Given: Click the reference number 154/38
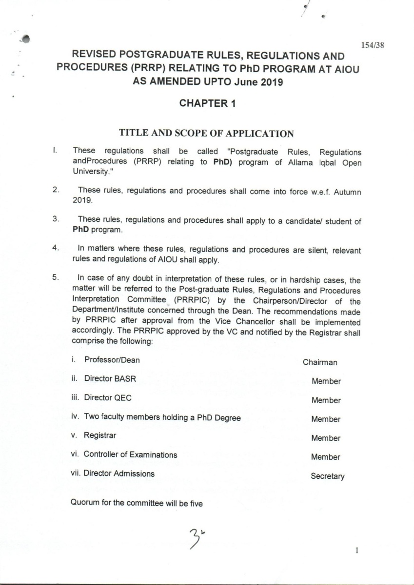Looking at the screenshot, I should point(373,45).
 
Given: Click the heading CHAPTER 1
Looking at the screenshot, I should point(208,104).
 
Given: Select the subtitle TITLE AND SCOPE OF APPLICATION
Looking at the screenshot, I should point(207,133).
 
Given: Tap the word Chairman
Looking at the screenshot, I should point(320,362).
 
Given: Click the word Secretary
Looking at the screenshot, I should point(328,476).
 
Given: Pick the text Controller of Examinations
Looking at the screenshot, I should point(130,454).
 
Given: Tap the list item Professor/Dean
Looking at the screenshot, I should point(112,360).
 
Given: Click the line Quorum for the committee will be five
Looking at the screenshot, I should point(137,503).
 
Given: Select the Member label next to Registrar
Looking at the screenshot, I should point(326,438).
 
